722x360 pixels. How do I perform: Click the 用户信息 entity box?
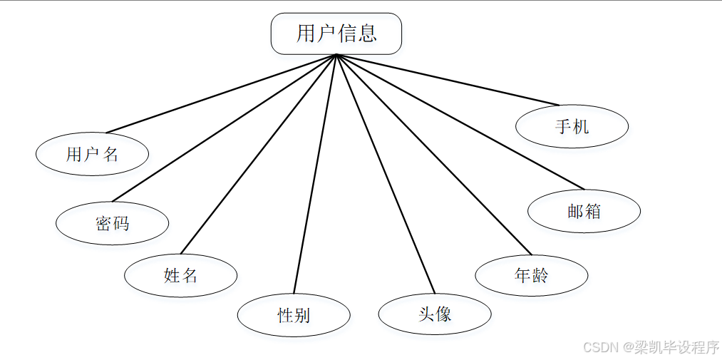(x=336, y=34)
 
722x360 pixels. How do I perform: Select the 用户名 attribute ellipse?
(x=92, y=154)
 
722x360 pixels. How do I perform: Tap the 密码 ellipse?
(x=112, y=223)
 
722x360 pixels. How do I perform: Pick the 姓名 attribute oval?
(x=180, y=275)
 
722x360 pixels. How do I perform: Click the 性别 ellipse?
(x=294, y=314)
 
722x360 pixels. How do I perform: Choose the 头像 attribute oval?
(x=435, y=314)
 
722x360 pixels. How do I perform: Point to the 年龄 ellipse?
(x=531, y=275)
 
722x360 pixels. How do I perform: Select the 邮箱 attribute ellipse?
(x=584, y=211)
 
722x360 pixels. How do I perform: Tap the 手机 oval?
(x=572, y=127)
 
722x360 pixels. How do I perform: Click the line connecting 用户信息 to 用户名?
(x=221, y=93)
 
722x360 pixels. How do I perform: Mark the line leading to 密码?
(x=224, y=128)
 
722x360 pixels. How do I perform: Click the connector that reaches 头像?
(x=385, y=174)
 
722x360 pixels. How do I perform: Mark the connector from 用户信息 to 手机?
(x=448, y=80)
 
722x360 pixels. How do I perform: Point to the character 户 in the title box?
(x=326, y=34)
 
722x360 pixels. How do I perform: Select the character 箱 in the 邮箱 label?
(x=593, y=211)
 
